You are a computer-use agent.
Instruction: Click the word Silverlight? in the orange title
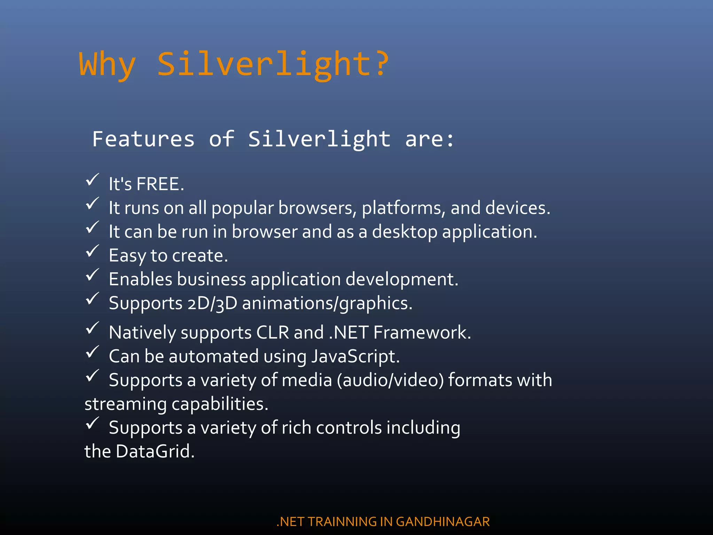(273, 64)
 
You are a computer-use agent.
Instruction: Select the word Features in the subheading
(143, 139)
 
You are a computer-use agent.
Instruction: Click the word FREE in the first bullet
(158, 184)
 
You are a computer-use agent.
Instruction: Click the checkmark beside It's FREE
(93, 180)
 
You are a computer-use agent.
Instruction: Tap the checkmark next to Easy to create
(93, 251)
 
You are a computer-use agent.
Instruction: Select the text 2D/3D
(212, 303)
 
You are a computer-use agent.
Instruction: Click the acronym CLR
(273, 332)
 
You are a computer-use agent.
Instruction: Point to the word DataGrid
(155, 451)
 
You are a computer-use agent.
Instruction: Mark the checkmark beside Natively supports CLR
(93, 328)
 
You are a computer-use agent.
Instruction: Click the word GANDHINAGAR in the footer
(443, 522)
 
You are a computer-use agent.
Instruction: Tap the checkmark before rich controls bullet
(93, 423)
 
